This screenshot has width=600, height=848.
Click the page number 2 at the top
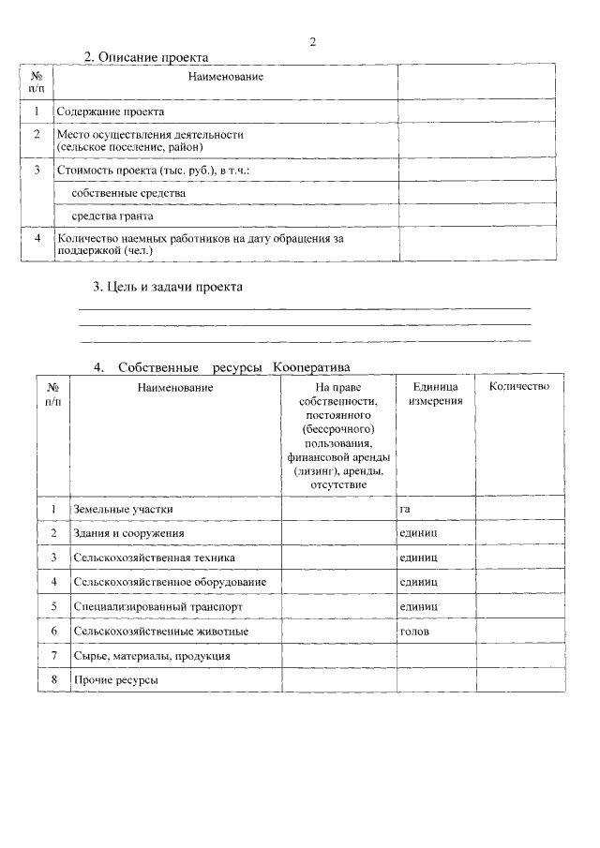pyautogui.click(x=313, y=41)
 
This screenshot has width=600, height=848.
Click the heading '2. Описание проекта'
pyautogui.click(x=146, y=57)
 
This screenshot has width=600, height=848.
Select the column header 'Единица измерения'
pyautogui.click(x=435, y=394)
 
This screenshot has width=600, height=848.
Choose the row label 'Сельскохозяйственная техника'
pyautogui.click(x=154, y=558)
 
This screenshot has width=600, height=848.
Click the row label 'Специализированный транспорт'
pyautogui.click(x=157, y=607)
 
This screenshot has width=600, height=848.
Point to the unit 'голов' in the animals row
pyautogui.click(x=413, y=632)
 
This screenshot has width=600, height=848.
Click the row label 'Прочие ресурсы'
pyautogui.click(x=115, y=680)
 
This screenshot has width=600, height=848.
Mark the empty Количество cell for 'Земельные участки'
pyautogui.click(x=518, y=509)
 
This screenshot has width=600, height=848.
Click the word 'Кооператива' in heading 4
pyautogui.click(x=312, y=367)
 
